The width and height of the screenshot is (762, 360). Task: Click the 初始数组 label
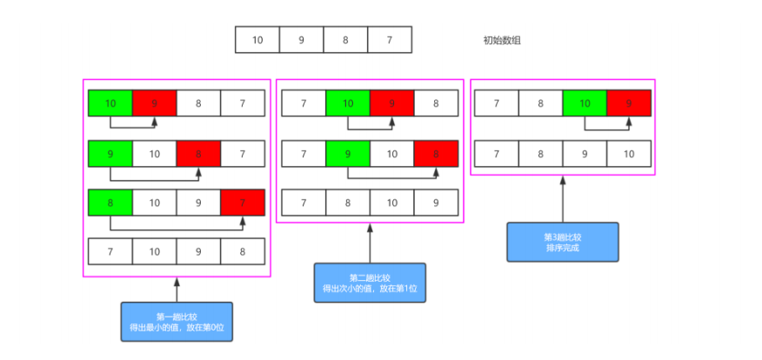tap(502, 40)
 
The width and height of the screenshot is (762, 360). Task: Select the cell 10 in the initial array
tap(257, 40)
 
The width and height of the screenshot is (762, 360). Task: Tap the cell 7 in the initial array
tap(389, 40)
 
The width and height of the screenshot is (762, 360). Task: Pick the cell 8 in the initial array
tap(345, 40)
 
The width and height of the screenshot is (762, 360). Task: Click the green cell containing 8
tap(110, 202)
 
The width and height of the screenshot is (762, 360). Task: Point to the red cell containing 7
tap(243, 202)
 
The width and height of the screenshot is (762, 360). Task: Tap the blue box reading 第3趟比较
tap(562, 242)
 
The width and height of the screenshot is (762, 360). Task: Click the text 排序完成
tap(562, 248)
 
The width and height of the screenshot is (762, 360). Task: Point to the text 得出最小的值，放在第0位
tap(177, 327)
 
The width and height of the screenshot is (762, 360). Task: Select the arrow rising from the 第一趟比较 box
tap(177, 290)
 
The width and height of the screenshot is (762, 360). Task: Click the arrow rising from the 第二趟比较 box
tap(370, 243)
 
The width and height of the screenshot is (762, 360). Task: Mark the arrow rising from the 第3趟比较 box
tap(563, 199)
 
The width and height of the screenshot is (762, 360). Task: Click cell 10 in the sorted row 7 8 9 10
tap(629, 154)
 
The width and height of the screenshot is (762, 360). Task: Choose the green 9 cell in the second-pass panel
tap(347, 154)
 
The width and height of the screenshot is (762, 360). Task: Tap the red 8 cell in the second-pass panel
tap(436, 154)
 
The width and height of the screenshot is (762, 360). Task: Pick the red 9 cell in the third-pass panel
tap(629, 103)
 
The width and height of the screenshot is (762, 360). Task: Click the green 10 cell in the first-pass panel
tap(110, 103)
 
